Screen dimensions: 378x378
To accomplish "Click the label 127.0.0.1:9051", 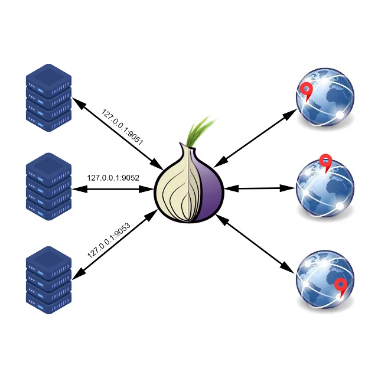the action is pyautogui.click(x=122, y=126).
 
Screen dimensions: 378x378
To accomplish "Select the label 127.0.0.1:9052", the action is pyautogui.click(x=113, y=178).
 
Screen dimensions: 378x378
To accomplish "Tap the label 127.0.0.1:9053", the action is pyautogui.click(x=109, y=240).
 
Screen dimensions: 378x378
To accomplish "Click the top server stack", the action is pyautogui.click(x=48, y=97).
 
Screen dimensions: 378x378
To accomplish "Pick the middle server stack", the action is pyautogui.click(x=48, y=187).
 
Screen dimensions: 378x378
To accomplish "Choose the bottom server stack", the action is pyautogui.click(x=48, y=280).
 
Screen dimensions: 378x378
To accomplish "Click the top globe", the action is pyautogui.click(x=325, y=97).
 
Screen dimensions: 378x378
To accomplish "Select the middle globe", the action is pyautogui.click(x=325, y=188).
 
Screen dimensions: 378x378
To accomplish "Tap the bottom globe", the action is pyautogui.click(x=325, y=279).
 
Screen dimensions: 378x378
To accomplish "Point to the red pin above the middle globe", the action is pyautogui.click(x=325, y=162).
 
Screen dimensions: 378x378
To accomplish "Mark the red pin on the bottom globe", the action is pyautogui.click(x=341, y=286).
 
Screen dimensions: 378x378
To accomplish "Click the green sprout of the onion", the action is pyautogui.click(x=200, y=131).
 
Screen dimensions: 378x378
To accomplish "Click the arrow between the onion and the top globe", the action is pyautogui.click(x=256, y=138).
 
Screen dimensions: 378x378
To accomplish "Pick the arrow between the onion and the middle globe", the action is pyautogui.click(x=260, y=188).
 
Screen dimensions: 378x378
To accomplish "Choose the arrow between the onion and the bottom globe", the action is pyautogui.click(x=256, y=244).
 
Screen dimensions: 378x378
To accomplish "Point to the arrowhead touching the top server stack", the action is pyautogui.click(x=79, y=103).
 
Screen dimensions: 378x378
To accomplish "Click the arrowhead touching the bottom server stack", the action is pyautogui.click(x=79, y=275).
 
